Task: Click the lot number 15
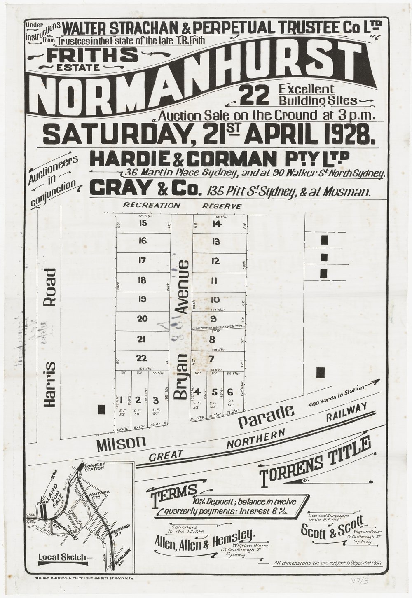click(143, 224)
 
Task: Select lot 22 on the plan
click(142, 357)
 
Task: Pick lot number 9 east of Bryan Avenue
click(213, 318)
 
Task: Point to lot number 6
click(230, 392)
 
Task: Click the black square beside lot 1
click(101, 409)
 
